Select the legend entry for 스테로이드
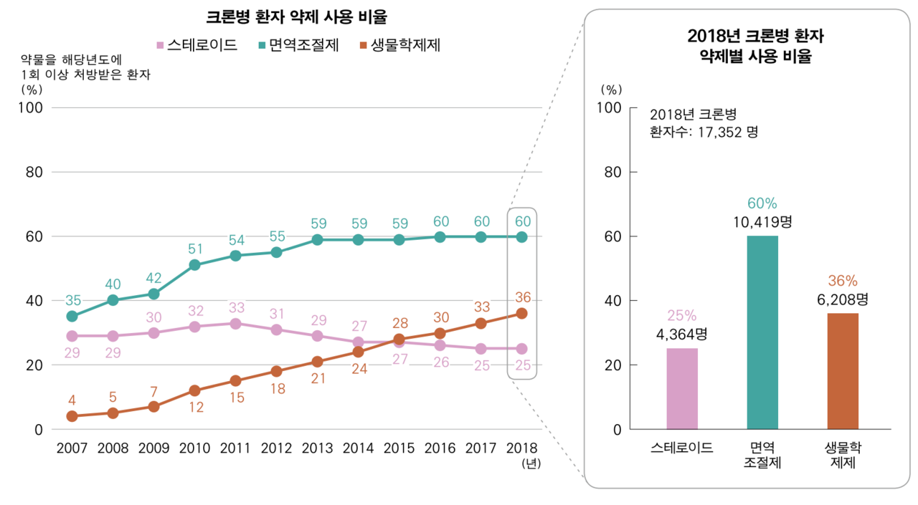(197, 46)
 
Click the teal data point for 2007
(72, 316)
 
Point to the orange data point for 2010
(194, 390)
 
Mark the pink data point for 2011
(235, 323)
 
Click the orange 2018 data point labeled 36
(522, 313)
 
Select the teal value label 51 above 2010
(194, 249)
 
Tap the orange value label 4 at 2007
(72, 400)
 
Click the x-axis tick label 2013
(317, 448)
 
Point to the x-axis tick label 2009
(153, 448)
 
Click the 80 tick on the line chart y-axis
(35, 172)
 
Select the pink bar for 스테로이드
(681, 388)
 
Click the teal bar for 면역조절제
(762, 332)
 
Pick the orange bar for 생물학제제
(843, 371)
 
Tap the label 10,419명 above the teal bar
(762, 222)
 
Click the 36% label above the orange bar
(843, 281)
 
